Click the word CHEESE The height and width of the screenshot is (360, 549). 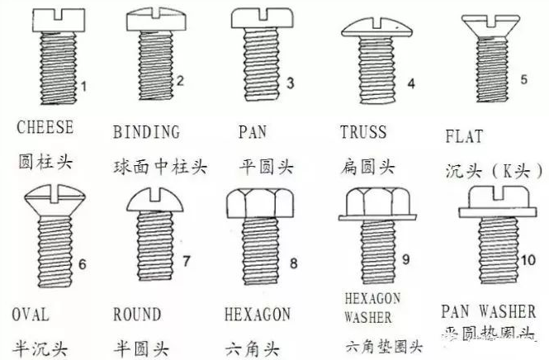(45, 128)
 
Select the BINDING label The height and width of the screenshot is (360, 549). (146, 132)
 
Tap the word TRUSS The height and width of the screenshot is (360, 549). (363, 132)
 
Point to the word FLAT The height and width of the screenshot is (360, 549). (463, 137)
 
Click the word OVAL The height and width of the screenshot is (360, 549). (31, 315)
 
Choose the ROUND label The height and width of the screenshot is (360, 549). (136, 315)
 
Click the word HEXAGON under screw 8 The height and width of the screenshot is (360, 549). (257, 315)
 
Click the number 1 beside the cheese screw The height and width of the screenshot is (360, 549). (83, 85)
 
